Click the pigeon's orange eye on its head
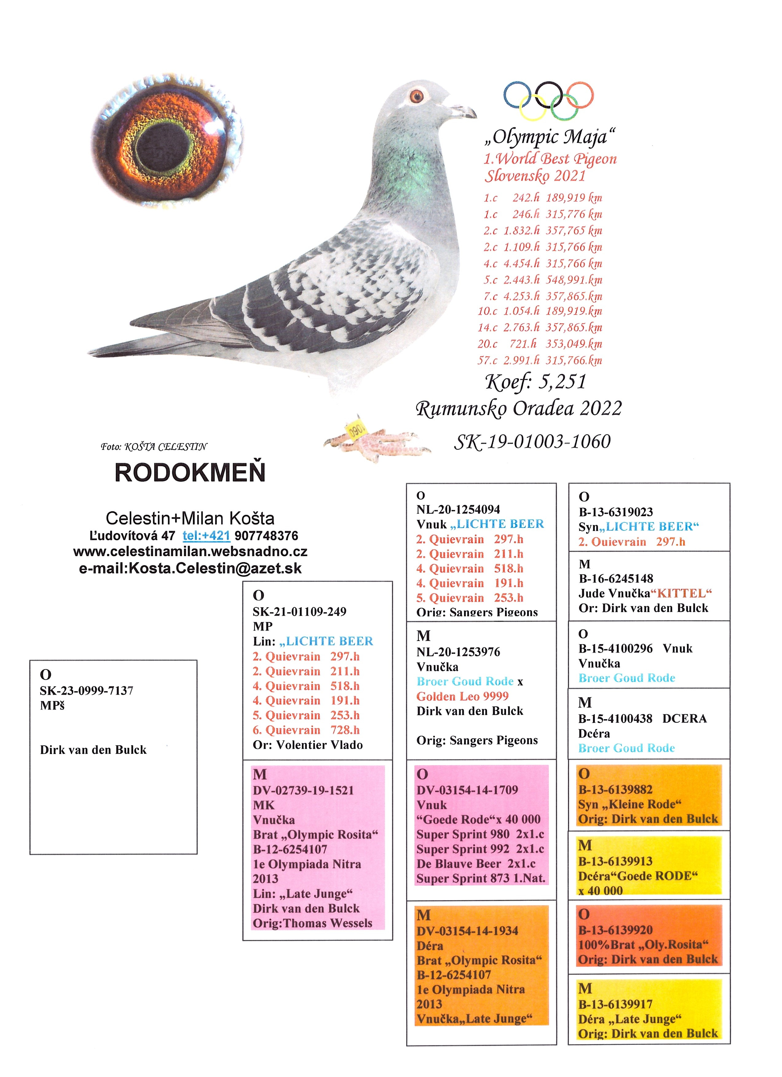(x=417, y=97)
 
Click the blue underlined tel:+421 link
(x=207, y=536)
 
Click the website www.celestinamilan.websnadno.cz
(x=190, y=552)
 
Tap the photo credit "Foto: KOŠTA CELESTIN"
(x=154, y=447)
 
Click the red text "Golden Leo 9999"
(x=462, y=696)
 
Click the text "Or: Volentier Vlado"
(x=308, y=745)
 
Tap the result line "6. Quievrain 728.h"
(x=306, y=730)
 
